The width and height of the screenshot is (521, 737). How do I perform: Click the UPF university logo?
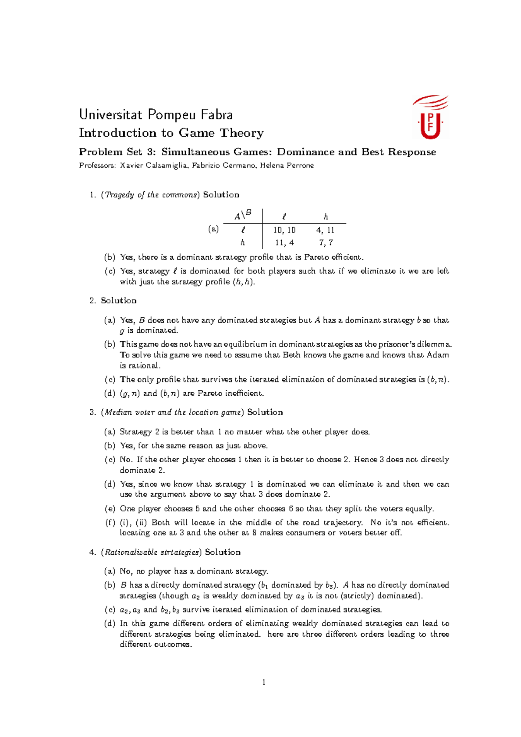click(430, 118)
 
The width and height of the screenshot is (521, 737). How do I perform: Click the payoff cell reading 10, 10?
click(285, 230)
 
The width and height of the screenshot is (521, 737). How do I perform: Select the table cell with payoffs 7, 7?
click(325, 243)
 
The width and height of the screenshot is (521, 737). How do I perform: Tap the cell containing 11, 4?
click(285, 243)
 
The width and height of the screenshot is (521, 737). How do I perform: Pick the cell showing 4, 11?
click(325, 230)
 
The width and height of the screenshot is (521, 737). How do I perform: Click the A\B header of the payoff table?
click(243, 215)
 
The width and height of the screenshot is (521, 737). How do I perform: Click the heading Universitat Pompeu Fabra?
click(156, 115)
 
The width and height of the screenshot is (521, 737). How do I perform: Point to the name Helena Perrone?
click(287, 165)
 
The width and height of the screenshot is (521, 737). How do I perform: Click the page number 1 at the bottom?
click(264, 682)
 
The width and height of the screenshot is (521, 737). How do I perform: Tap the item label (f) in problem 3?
click(110, 523)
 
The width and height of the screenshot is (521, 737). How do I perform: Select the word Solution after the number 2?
click(119, 301)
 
